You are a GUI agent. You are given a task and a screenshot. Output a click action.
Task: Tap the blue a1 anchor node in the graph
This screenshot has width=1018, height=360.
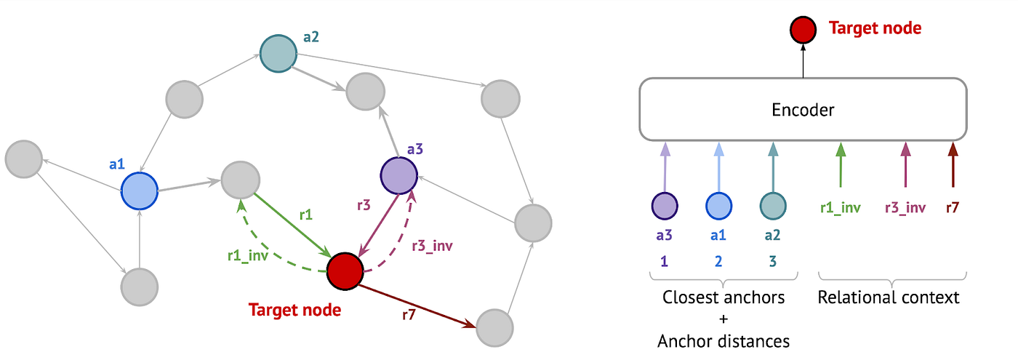click(x=140, y=191)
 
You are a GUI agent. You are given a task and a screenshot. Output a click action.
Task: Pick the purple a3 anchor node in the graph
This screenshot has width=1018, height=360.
click(x=398, y=175)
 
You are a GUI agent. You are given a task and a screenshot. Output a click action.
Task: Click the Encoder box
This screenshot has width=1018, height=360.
click(x=803, y=110)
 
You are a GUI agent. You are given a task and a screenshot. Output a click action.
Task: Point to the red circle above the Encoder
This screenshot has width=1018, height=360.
click(x=803, y=30)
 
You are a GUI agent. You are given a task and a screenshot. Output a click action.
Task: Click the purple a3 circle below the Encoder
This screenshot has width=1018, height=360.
click(x=665, y=206)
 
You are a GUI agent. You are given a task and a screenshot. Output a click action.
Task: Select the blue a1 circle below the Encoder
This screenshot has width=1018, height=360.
click(x=718, y=206)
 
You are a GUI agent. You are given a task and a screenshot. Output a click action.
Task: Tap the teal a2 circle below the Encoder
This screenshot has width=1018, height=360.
click(x=772, y=206)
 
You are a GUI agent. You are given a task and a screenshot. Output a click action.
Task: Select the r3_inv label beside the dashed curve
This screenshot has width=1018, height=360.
click(x=432, y=246)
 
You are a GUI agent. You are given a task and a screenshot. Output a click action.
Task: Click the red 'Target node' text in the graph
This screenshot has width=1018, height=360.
click(x=294, y=310)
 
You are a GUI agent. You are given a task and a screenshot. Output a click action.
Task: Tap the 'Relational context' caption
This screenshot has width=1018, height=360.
click(x=888, y=297)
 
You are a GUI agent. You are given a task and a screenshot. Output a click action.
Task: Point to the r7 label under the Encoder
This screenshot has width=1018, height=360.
click(x=952, y=208)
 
